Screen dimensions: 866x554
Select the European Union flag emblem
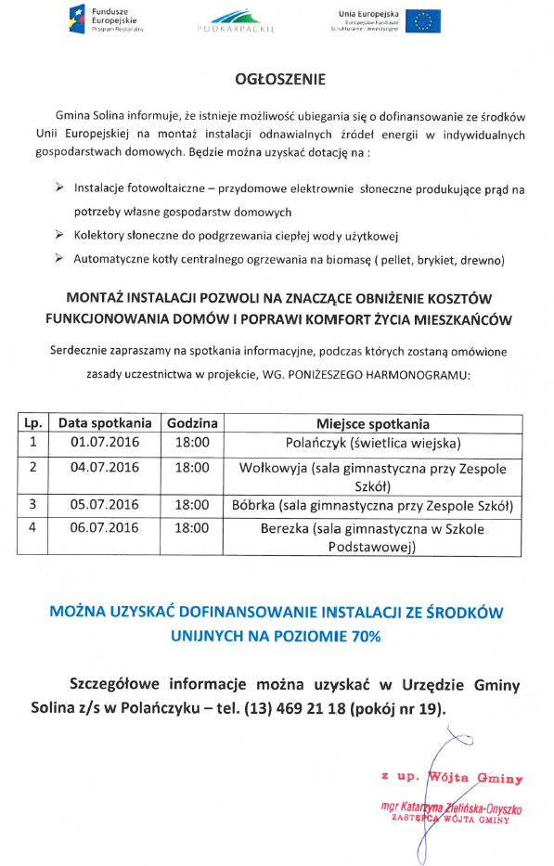[427, 20]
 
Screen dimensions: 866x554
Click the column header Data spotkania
[105, 422]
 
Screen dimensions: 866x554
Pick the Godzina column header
[192, 422]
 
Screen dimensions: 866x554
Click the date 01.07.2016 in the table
[105, 442]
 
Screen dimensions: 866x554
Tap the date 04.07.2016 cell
[105, 467]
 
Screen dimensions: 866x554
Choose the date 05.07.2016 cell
[105, 505]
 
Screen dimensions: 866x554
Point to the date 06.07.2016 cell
[105, 528]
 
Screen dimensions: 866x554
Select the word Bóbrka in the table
[253, 505]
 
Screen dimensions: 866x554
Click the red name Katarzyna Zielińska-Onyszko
[452, 808]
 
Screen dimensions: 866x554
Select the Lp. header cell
[32, 422]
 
